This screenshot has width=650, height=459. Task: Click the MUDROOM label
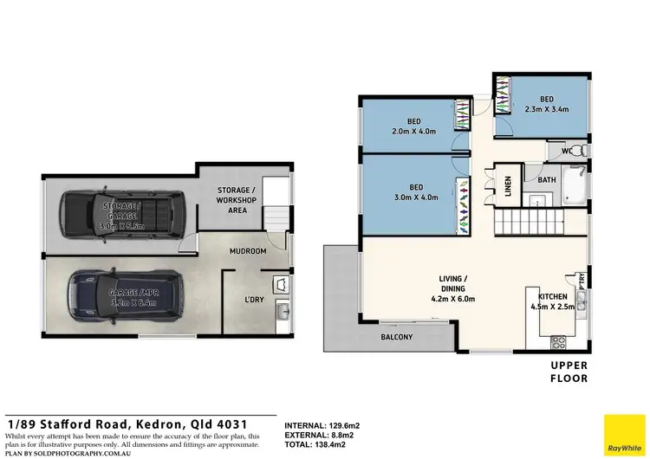click(246, 252)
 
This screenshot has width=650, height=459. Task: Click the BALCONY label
click(396, 337)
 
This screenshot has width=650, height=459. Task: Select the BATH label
click(547, 180)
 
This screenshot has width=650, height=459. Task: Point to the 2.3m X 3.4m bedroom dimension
click(546, 110)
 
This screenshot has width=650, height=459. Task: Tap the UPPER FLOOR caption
click(569, 372)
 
